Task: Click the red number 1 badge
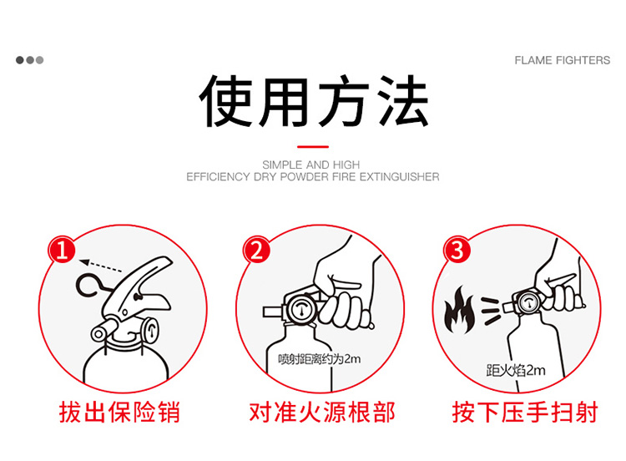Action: (x=62, y=250)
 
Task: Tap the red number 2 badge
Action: (x=257, y=250)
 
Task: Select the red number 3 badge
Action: (x=457, y=250)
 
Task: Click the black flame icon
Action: (x=460, y=311)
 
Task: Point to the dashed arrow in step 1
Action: (x=101, y=266)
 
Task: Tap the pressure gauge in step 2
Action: (x=301, y=309)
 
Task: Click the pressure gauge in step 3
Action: (x=529, y=304)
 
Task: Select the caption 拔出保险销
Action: (x=119, y=412)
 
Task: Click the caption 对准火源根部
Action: (x=322, y=412)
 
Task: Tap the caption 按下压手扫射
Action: (x=525, y=412)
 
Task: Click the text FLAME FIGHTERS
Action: (x=562, y=60)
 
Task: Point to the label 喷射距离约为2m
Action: (x=320, y=359)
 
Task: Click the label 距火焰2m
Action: (x=516, y=370)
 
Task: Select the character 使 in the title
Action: (x=225, y=101)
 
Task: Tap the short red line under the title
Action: (x=313, y=147)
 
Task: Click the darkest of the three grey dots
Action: (x=19, y=60)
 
